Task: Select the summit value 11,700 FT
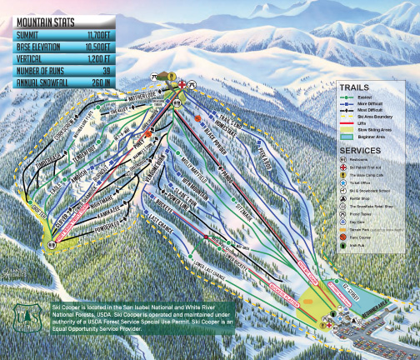pos(117,36)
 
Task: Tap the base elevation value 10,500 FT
pos(117,47)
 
